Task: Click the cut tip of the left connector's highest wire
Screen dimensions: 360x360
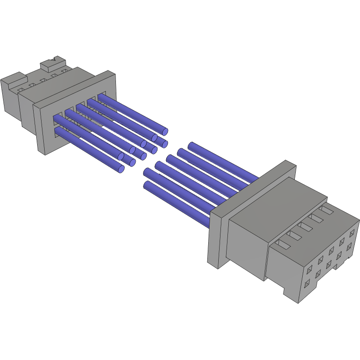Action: [x=165, y=131]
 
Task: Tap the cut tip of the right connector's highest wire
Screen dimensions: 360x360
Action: [x=191, y=146]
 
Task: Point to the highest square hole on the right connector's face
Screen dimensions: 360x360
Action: [x=352, y=232]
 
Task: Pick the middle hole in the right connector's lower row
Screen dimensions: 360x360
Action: [x=328, y=265]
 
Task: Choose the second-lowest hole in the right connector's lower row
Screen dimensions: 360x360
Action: [x=318, y=274]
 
